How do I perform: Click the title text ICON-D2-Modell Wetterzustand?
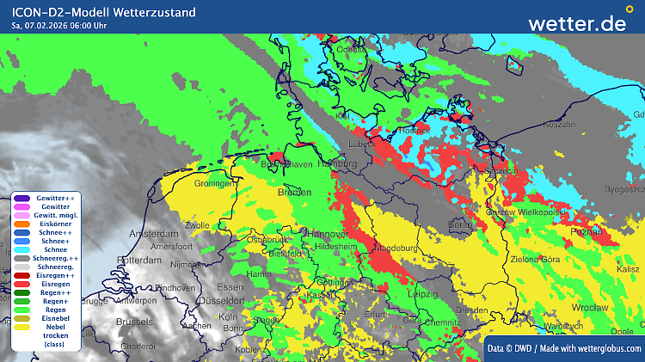(x=103, y=12)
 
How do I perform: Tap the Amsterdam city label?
(x=152, y=234)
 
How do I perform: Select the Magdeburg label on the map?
(x=398, y=249)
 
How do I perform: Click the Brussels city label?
(x=133, y=321)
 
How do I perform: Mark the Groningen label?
(x=215, y=183)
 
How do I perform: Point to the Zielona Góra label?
(x=560, y=259)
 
